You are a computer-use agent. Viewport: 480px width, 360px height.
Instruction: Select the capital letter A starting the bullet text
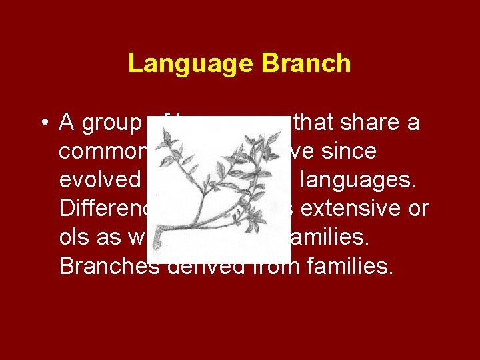[67, 123]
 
